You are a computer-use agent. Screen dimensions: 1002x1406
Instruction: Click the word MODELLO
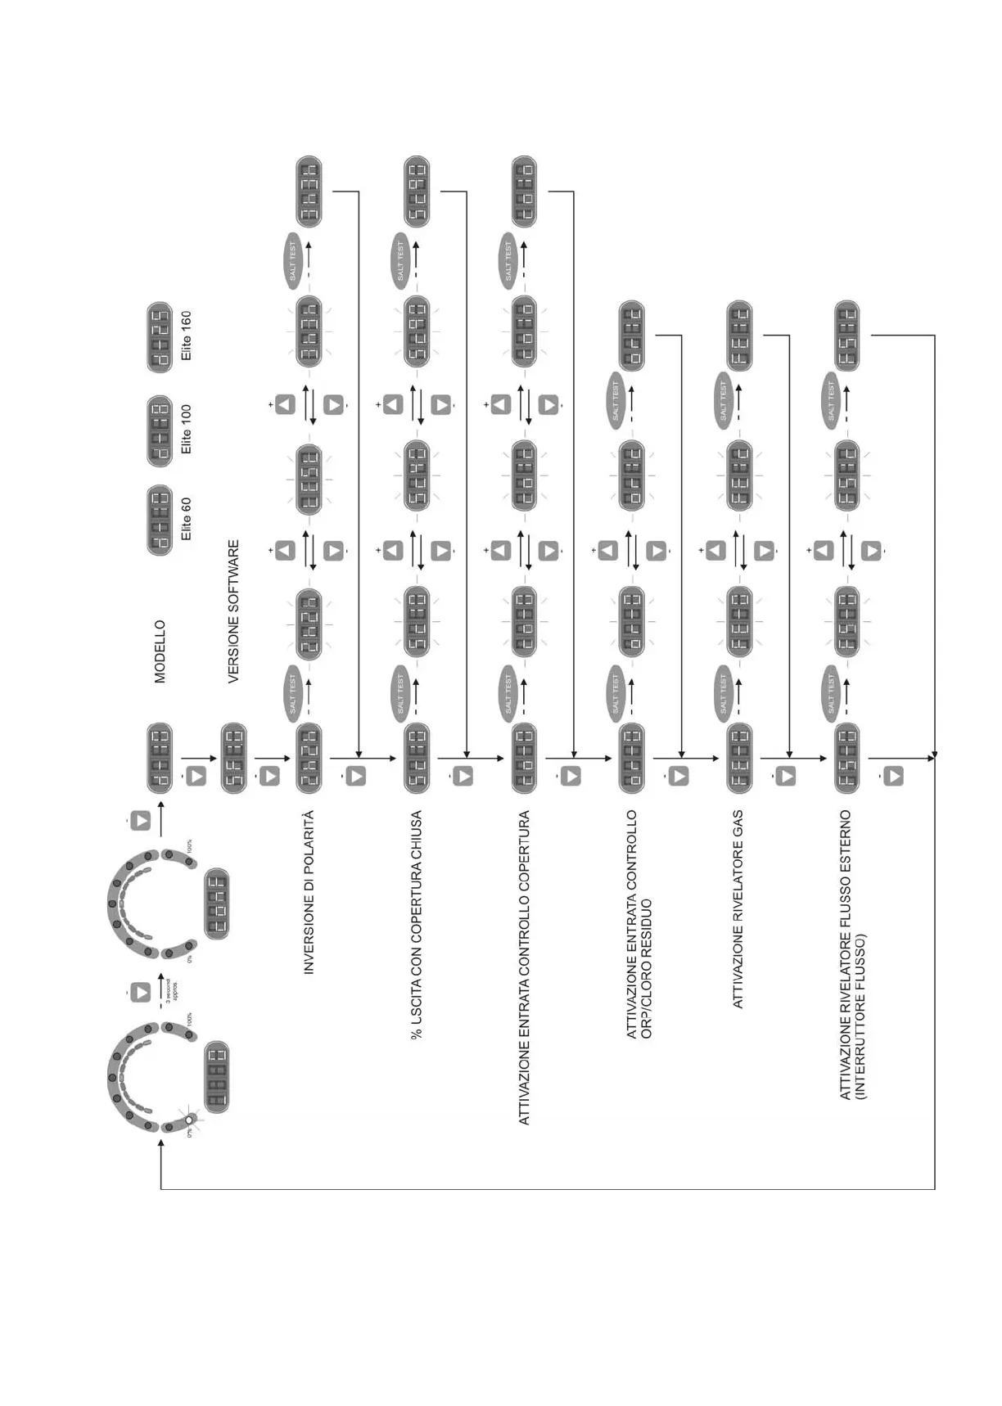pos(160,651)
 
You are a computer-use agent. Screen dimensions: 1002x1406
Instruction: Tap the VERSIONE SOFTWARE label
pos(233,611)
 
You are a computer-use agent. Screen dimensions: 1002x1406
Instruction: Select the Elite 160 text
pos(187,336)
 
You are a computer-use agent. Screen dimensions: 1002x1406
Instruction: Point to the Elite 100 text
pos(187,429)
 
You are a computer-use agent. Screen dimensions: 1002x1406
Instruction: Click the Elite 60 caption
pos(187,519)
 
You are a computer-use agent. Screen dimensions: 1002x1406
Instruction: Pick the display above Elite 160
pos(160,337)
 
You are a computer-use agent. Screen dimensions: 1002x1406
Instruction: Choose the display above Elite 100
pos(160,430)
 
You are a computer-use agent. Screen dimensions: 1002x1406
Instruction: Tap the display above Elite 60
pos(160,520)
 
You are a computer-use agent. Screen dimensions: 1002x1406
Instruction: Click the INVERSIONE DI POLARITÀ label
pos(309,892)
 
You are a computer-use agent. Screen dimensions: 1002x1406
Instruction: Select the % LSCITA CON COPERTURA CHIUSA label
pos(417,925)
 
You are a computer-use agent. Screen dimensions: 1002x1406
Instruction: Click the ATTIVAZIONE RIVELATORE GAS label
pos(738,909)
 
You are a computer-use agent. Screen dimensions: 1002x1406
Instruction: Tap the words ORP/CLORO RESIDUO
pos(647,969)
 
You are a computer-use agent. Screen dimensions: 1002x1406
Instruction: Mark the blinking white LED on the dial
pos(190,1120)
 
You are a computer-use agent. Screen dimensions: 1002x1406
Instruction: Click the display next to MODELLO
pos(160,758)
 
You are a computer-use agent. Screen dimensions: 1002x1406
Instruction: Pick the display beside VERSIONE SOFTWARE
pos(234,758)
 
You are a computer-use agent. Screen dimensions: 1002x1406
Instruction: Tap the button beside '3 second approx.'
pos(141,992)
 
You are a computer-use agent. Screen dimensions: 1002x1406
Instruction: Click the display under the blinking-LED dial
pos(216,1076)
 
